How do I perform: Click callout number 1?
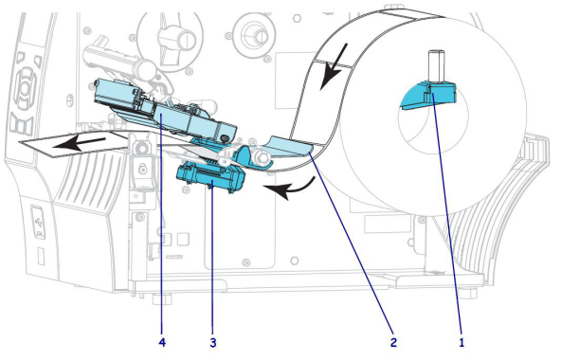(461, 342)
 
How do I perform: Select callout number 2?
(393, 342)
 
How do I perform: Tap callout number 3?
(213, 343)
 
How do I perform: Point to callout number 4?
(162, 343)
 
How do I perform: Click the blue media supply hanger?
(427, 97)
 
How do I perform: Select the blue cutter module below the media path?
(211, 178)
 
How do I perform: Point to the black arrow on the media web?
(334, 66)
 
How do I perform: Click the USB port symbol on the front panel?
(38, 223)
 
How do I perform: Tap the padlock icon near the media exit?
(143, 167)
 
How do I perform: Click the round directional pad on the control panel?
(25, 88)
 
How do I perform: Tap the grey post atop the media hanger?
(436, 67)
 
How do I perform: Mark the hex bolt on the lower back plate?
(294, 261)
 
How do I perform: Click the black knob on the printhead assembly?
(225, 137)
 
